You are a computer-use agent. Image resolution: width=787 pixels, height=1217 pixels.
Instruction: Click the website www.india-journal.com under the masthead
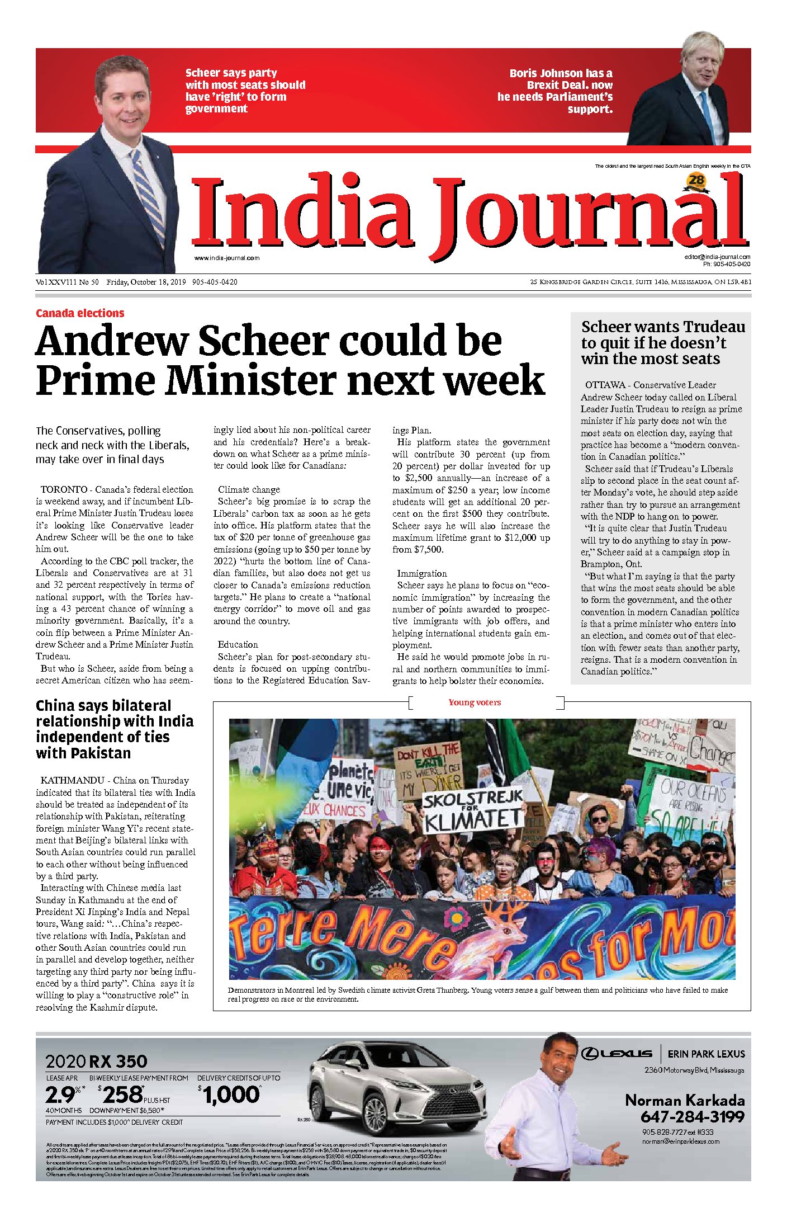[227, 258]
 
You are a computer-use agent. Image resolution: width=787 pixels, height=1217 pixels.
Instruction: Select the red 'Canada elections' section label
[80, 313]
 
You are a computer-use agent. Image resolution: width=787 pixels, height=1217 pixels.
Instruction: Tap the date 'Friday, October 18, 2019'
[146, 282]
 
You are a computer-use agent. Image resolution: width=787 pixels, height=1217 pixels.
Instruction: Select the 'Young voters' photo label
[475, 702]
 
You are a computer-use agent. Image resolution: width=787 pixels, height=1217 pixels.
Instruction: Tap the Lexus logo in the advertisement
[617, 1054]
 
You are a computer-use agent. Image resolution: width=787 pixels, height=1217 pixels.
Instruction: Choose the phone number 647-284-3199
[692, 1117]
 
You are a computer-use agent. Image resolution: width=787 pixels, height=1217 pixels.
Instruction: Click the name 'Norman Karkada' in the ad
[685, 1100]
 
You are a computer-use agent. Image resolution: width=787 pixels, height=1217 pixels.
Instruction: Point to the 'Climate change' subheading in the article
[249, 489]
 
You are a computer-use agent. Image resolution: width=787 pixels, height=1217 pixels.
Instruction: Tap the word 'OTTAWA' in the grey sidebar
[605, 385]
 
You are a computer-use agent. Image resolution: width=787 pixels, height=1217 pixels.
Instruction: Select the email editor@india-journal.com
[717, 257]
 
